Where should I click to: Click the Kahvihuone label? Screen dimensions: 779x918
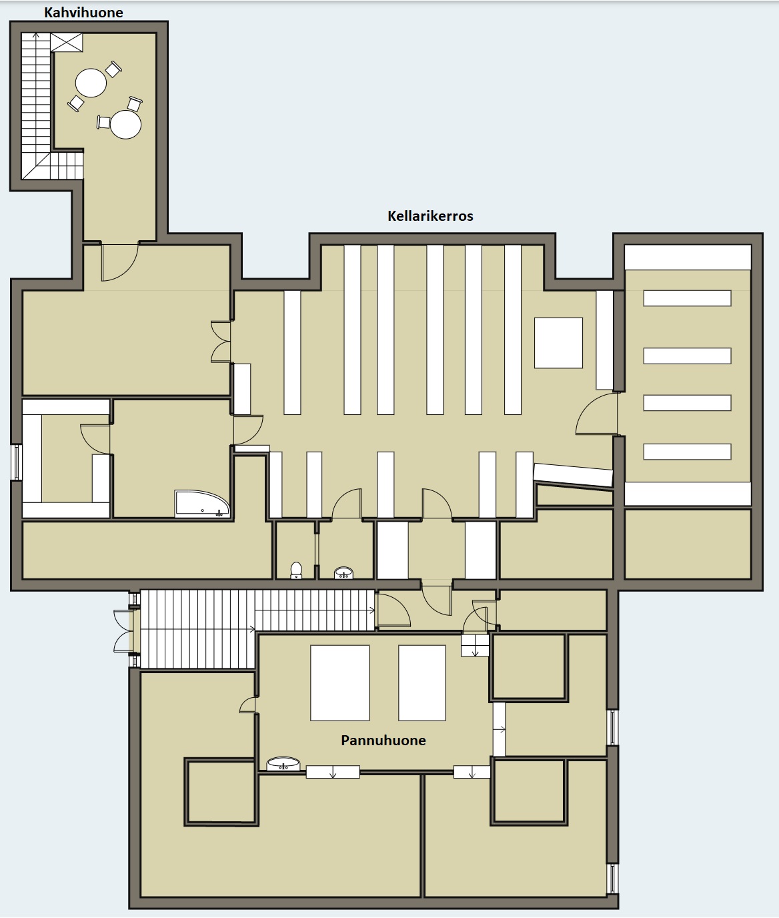[x=83, y=13]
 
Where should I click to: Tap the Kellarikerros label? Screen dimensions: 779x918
[x=430, y=216]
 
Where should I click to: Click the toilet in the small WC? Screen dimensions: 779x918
[x=296, y=570]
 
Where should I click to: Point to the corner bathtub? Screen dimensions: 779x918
[x=202, y=504]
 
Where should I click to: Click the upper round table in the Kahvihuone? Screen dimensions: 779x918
[x=91, y=83]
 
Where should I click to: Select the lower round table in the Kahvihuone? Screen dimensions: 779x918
[x=125, y=125]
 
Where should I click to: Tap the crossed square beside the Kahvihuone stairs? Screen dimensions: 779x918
[x=67, y=42]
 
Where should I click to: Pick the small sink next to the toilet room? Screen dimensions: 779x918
[x=343, y=572]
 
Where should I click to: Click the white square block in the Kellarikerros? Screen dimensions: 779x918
[x=558, y=343]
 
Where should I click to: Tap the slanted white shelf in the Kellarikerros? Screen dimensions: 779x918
[x=573, y=475]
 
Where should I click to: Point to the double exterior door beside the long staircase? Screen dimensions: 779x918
[x=123, y=631]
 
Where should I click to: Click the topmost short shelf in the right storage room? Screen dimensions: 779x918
[x=687, y=298]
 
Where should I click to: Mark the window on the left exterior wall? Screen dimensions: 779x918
[x=17, y=462]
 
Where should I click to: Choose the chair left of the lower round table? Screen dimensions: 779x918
[x=104, y=122]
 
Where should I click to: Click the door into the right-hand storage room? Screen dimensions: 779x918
[x=597, y=414]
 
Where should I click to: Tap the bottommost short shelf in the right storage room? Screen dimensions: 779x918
[x=687, y=452]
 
